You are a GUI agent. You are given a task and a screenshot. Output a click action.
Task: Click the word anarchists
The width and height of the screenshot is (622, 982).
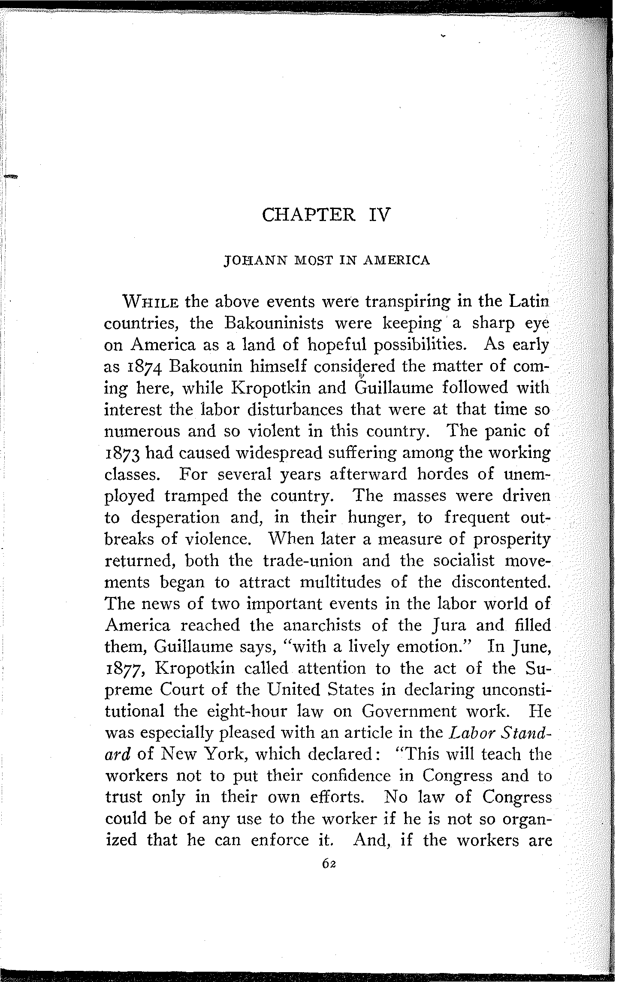[322, 625]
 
